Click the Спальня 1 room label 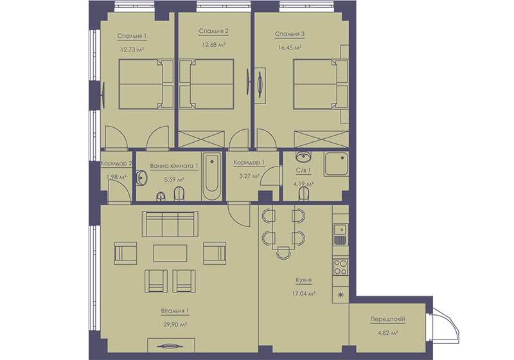point(132,36)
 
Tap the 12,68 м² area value point(213,45)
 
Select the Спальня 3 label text point(290,34)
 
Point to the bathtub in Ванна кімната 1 point(212,176)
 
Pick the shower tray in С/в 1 point(336,164)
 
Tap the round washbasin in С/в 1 point(303,157)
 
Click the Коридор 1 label point(249,163)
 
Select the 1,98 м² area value point(116,177)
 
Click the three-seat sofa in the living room point(170,224)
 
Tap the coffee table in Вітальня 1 point(170,253)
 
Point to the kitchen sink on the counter point(341,235)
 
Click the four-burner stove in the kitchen point(341,267)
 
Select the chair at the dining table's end point(283,253)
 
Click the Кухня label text point(303,280)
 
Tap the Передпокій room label point(388,319)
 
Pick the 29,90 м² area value point(175,325)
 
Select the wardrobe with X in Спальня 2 point(201,139)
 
